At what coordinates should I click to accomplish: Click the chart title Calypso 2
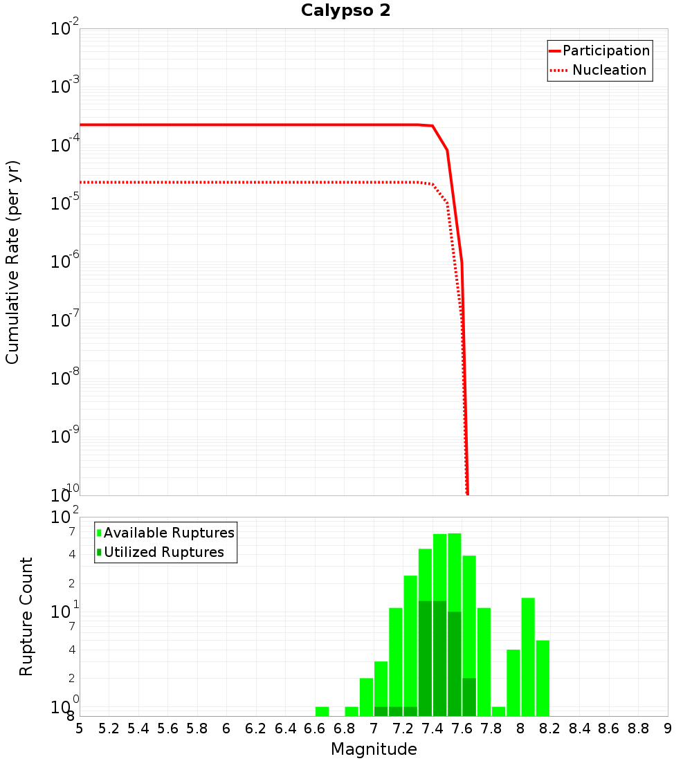tap(345, 11)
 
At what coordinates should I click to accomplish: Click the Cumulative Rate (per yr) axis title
tap(12, 262)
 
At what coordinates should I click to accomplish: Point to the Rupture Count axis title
tap(26, 616)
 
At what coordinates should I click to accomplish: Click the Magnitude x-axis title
tap(374, 749)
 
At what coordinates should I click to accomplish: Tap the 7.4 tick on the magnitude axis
tap(432, 728)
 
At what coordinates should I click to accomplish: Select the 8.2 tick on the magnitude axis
tap(550, 728)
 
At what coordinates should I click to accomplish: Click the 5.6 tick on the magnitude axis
tap(167, 728)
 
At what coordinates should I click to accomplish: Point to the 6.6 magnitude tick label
tap(315, 728)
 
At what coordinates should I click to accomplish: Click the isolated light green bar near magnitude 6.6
tap(322, 711)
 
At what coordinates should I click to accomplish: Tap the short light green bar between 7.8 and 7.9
tap(499, 711)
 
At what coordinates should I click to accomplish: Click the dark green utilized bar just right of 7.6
tap(469, 697)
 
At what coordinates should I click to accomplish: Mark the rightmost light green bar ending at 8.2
tap(543, 678)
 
